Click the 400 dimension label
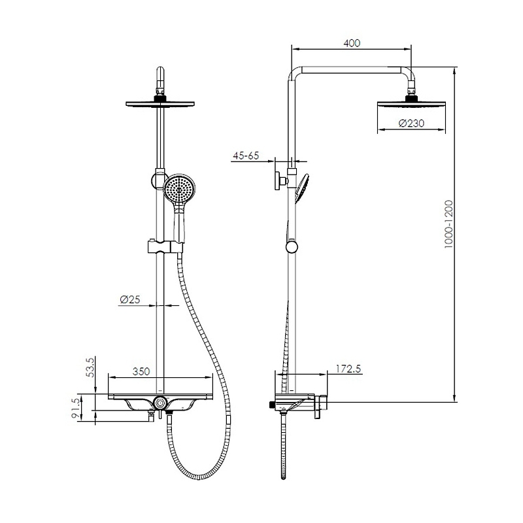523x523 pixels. tap(352, 43)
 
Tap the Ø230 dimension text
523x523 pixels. tap(412, 124)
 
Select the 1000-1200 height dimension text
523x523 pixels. tap(449, 224)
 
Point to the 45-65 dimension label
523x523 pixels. tap(246, 156)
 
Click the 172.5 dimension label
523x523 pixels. tap(348, 369)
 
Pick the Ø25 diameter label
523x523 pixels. tap(129, 299)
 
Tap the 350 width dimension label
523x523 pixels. tap(141, 371)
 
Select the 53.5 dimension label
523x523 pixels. tap(91, 367)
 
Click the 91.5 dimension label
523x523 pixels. tap(76, 408)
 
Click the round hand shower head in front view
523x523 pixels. tap(179, 190)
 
